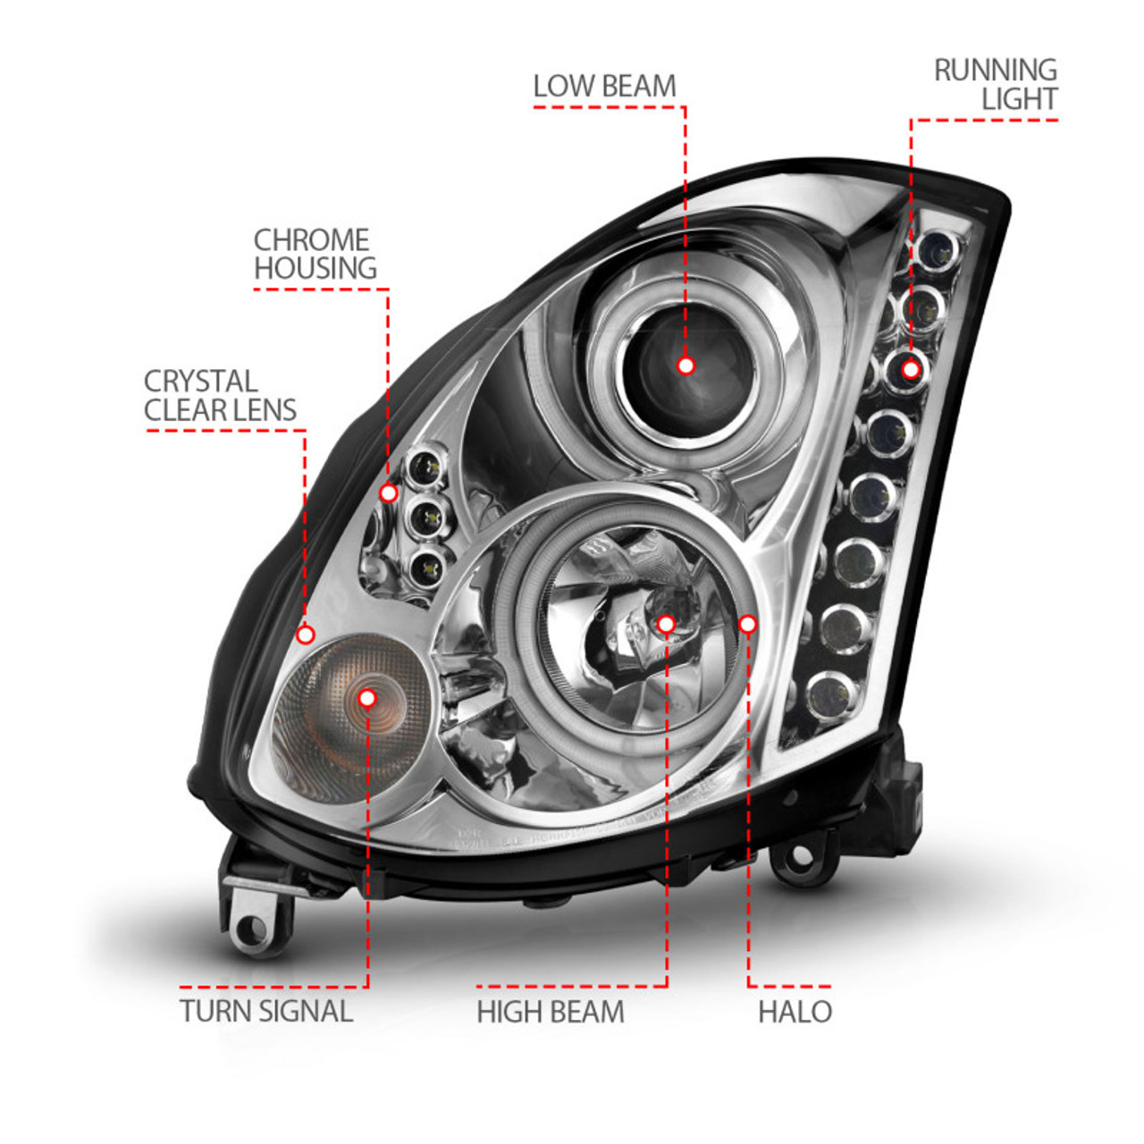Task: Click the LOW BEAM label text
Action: click(x=604, y=87)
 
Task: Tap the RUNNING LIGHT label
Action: click(x=996, y=85)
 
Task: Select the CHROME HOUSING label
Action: click(x=314, y=255)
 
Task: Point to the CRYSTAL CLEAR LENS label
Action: click(x=220, y=396)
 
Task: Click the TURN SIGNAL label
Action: click(x=266, y=1012)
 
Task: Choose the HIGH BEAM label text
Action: click(x=551, y=1012)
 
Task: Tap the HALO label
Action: click(x=795, y=1012)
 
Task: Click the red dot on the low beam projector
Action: click(x=686, y=366)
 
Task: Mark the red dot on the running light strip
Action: click(x=910, y=368)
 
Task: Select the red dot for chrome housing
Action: click(x=388, y=492)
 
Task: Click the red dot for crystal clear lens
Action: click(x=306, y=635)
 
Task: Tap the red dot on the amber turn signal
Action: click(x=366, y=697)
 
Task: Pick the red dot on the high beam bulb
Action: click(x=665, y=624)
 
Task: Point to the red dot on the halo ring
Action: click(x=747, y=624)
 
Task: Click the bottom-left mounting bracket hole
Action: click(x=253, y=929)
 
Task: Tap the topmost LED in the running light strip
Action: click(x=941, y=248)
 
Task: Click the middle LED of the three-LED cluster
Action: click(x=431, y=516)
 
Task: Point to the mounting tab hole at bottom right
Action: click(x=802, y=856)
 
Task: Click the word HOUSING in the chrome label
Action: click(x=315, y=269)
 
